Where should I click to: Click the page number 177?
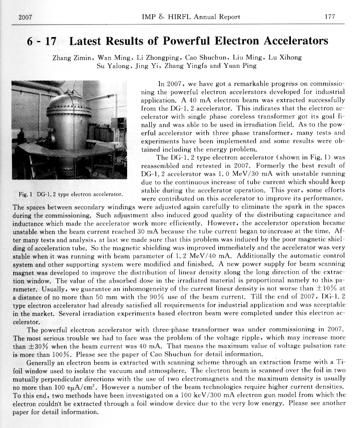point(329,17)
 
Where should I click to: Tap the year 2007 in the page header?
point(26,17)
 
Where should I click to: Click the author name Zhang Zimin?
point(72,58)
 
